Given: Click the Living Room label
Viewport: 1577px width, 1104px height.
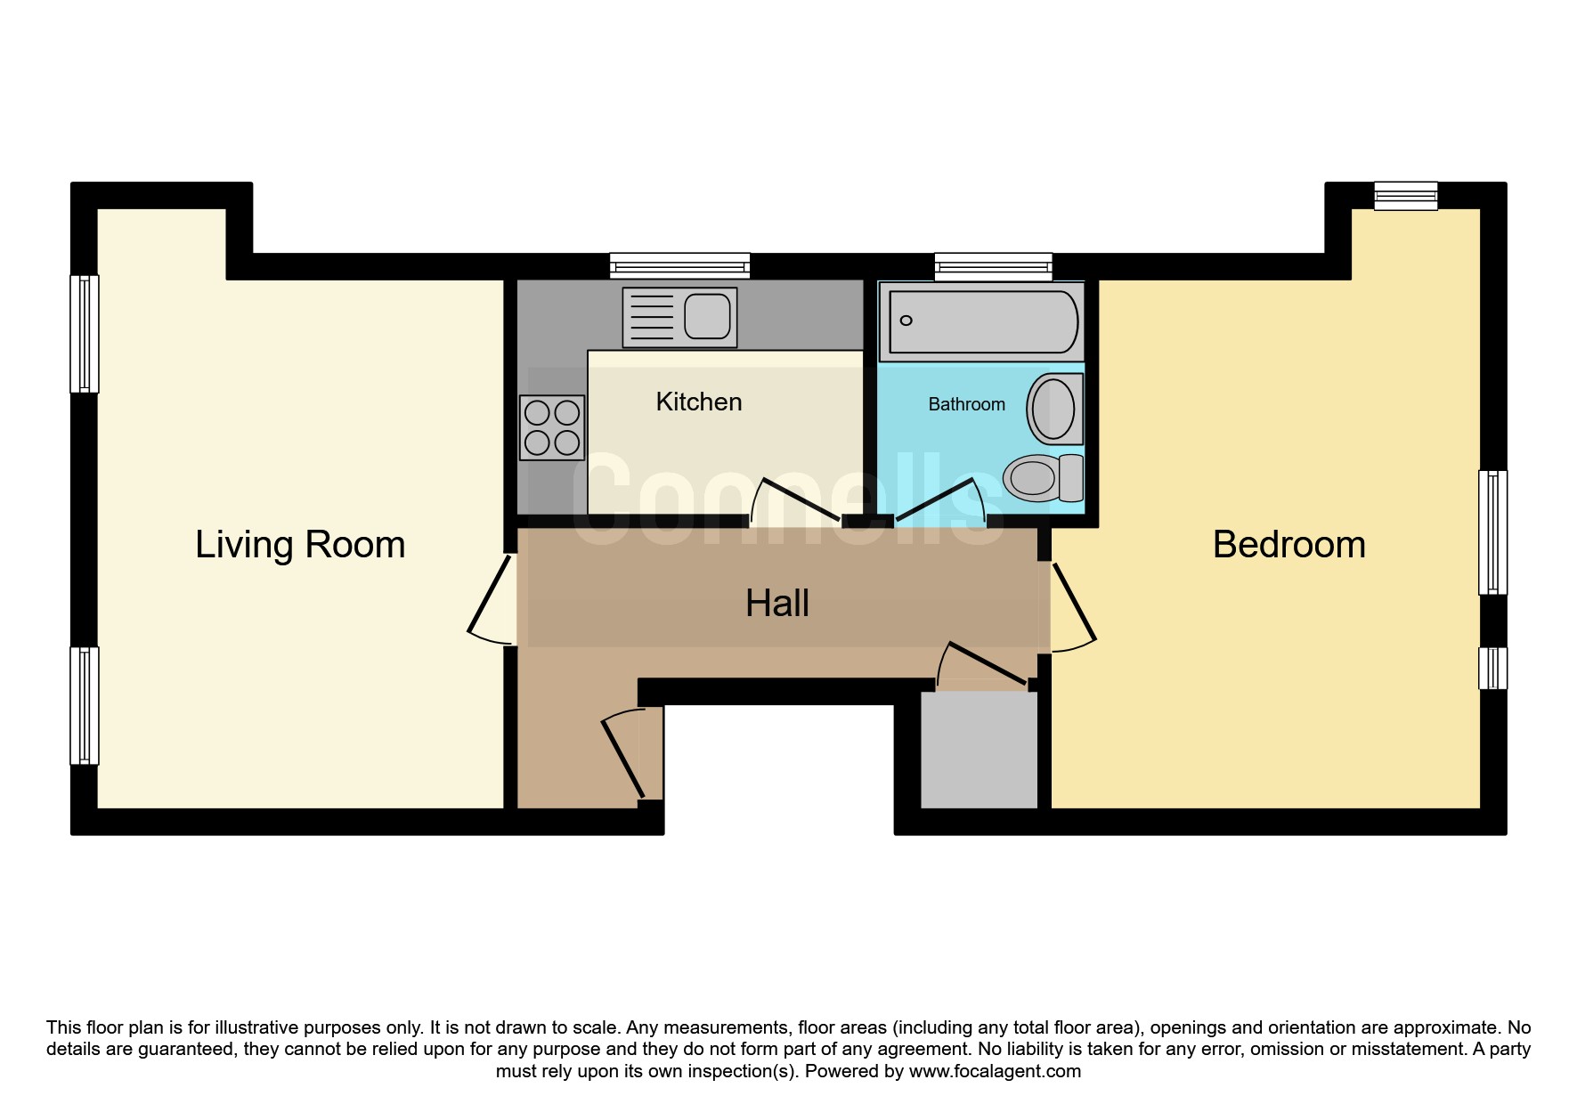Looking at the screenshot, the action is click(x=300, y=544).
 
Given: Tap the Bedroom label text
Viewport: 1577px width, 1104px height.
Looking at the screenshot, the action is click(x=1288, y=544).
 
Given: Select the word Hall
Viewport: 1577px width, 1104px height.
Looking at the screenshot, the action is click(x=777, y=603).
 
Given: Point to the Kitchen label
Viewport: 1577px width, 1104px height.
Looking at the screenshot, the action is click(x=699, y=402).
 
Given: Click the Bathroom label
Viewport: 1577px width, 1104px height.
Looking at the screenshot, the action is click(x=966, y=404).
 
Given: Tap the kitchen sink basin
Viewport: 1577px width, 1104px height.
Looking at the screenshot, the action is click(x=708, y=316).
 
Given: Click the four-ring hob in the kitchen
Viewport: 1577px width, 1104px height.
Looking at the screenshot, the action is click(x=552, y=427).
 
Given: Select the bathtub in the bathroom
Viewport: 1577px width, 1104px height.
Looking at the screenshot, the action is click(x=981, y=321).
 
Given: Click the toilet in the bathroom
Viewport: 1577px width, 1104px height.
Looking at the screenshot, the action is click(x=1043, y=477).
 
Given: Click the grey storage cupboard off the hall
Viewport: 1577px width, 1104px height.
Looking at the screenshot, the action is click(x=979, y=751).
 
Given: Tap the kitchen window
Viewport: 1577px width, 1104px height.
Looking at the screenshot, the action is click(x=679, y=265).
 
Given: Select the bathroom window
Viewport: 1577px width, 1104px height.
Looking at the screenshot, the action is click(x=993, y=265).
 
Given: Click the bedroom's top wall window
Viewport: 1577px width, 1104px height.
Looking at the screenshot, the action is click(x=1405, y=196).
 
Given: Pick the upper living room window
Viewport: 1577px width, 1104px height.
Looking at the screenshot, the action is click(x=85, y=334).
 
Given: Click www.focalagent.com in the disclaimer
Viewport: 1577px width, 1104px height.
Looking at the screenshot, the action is click(x=995, y=1071).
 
